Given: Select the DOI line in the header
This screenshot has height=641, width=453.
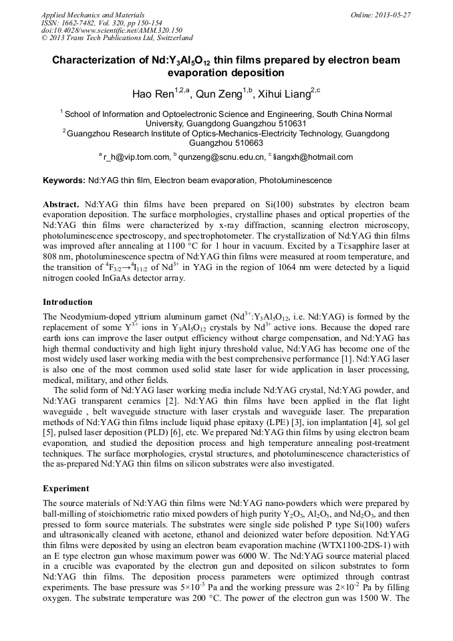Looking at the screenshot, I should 112,31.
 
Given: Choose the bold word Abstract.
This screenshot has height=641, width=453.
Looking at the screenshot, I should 61,203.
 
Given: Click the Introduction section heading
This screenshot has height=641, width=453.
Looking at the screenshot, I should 67,302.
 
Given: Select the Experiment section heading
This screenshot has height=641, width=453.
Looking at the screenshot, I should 66,489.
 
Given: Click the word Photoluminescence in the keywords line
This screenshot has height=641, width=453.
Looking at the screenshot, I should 299,180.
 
